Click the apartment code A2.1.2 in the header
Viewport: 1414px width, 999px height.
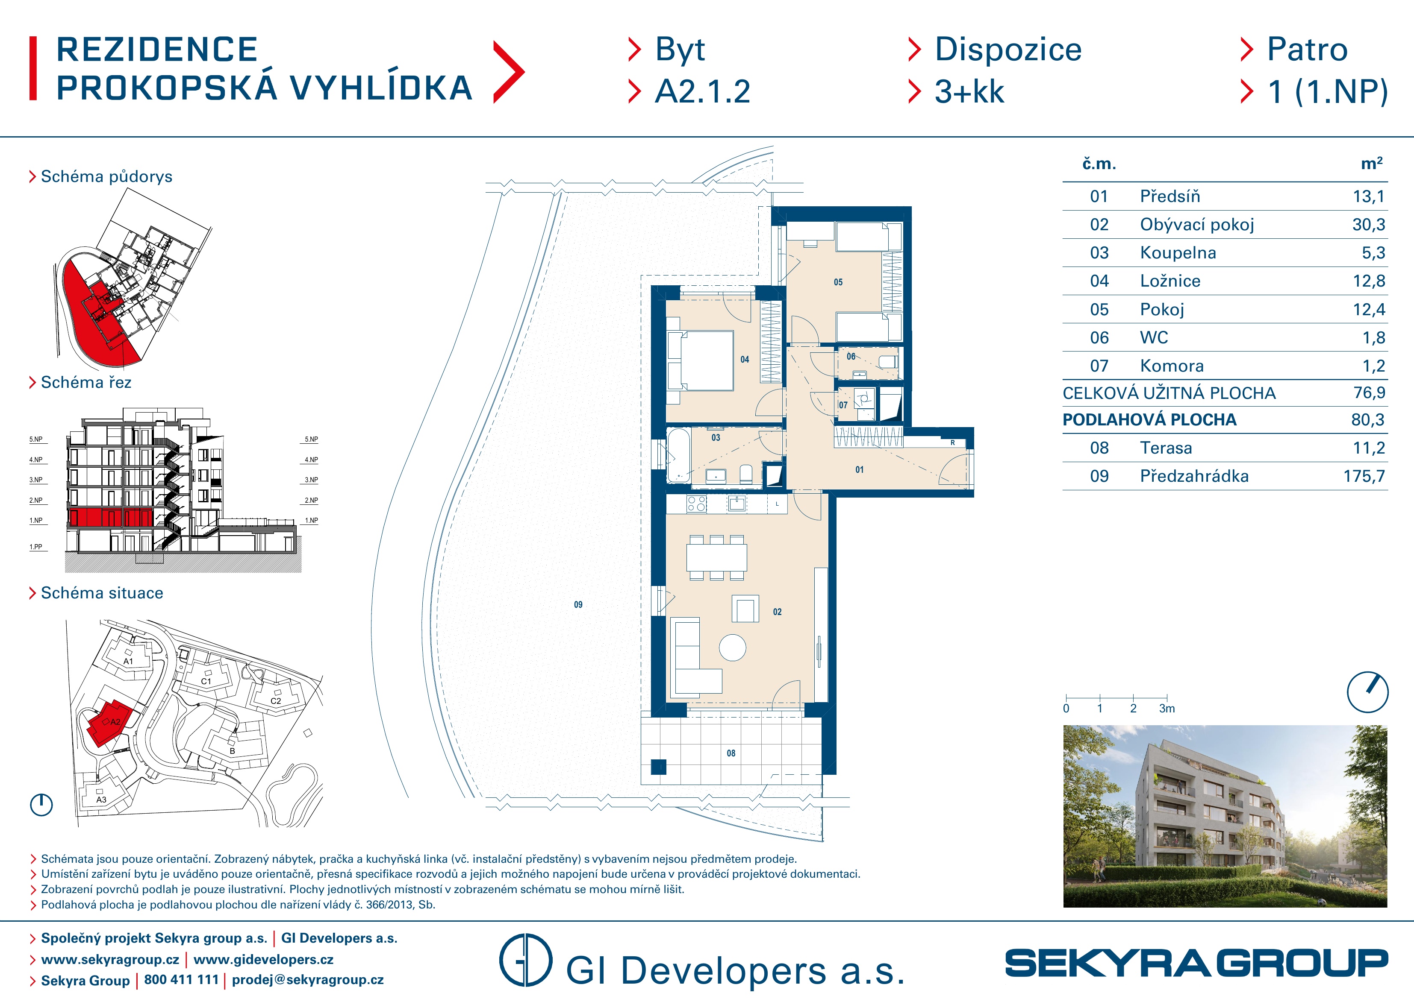pos(703,92)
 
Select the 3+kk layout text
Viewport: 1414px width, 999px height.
pos(969,92)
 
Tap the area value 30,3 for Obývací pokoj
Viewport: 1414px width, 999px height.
pos(1368,225)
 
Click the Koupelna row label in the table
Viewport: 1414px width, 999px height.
pos(1178,253)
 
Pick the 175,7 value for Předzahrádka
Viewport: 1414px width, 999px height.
pos(1364,476)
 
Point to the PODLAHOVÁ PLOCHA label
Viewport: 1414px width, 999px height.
pos(1149,420)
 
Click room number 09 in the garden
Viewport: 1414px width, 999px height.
pos(577,604)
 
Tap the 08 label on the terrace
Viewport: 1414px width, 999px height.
pos(731,753)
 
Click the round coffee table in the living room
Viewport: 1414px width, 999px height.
pos(732,647)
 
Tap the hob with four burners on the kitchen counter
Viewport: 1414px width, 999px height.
pos(697,504)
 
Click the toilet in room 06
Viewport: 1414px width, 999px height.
pos(887,361)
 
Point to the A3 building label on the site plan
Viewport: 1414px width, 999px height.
pos(101,800)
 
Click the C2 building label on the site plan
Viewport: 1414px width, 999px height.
pos(276,700)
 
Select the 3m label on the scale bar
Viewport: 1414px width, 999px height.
pos(1167,709)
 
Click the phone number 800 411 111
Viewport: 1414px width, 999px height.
pos(181,979)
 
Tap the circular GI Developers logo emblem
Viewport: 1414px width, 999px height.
pos(525,960)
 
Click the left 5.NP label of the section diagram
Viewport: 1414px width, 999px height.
pos(36,439)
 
